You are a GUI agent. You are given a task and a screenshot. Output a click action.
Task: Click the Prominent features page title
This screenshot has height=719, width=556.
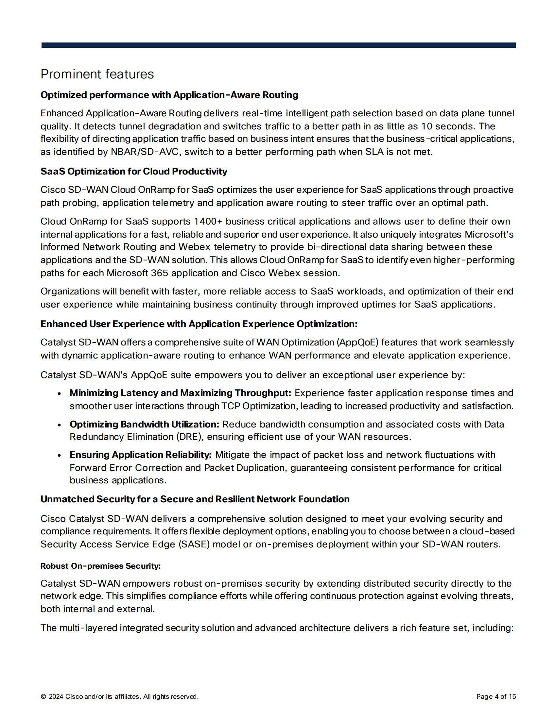point(97,75)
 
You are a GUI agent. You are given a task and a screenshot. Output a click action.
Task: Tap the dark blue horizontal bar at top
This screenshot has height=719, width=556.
point(278,45)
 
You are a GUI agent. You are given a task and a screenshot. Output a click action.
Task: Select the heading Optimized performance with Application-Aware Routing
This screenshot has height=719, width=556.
point(169,95)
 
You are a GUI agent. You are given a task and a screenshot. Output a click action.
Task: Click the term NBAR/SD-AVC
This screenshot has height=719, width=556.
point(145,152)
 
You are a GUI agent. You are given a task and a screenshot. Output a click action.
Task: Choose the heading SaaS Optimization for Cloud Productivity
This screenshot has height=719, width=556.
point(134,171)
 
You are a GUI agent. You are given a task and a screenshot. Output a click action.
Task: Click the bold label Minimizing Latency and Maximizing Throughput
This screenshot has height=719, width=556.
point(180,393)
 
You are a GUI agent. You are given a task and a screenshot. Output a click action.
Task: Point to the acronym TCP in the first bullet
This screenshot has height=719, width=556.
point(230,406)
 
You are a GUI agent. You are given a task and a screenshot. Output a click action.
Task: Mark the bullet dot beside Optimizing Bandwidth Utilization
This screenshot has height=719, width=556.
point(59,425)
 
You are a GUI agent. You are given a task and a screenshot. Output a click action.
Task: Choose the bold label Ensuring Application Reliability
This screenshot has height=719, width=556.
point(141,455)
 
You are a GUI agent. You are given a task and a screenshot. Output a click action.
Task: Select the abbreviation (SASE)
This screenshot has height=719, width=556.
point(194,544)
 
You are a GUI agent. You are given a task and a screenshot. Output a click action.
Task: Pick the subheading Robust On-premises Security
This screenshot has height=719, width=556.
point(100,566)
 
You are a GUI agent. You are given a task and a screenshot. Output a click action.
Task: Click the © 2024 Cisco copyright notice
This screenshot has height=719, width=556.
point(119,697)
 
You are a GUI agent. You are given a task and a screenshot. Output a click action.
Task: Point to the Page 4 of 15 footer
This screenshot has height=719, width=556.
point(496,697)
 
